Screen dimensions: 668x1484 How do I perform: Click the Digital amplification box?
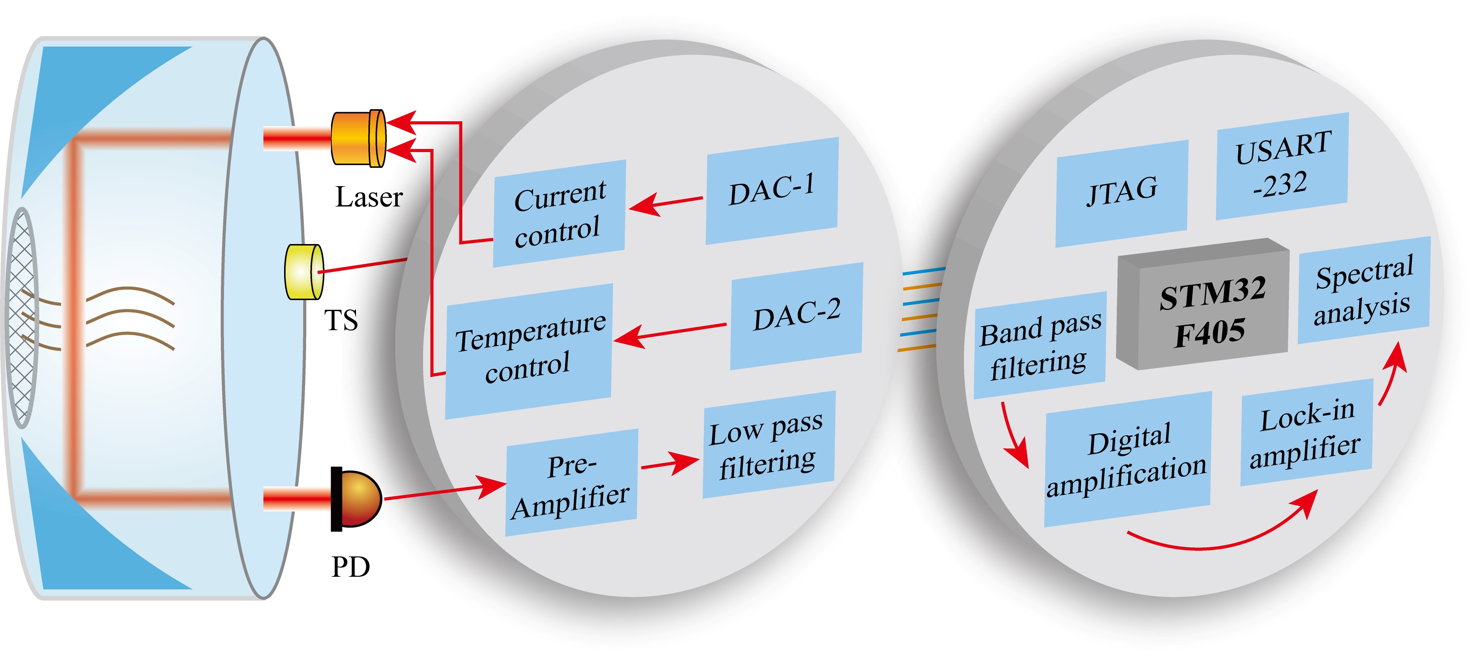pos(1127,460)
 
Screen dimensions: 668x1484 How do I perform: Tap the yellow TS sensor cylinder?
pos(304,272)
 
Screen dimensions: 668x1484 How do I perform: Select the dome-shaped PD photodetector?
pos(356,499)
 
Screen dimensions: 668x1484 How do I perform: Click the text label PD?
pos(350,566)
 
